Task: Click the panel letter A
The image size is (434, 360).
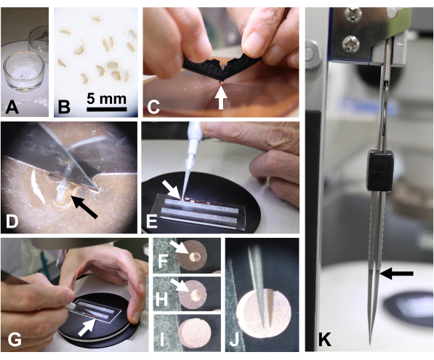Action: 12,107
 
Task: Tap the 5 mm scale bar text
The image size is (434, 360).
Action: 107,99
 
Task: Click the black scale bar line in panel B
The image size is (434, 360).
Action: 107,109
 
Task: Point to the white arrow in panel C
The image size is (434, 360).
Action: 221,97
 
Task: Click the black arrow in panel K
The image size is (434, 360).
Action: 396,273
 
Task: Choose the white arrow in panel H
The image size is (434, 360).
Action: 180,286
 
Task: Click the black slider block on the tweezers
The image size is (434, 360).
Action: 379,170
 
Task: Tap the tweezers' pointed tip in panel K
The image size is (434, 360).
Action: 371,343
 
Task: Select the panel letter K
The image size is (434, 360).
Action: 325,340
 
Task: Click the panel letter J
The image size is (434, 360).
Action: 234,340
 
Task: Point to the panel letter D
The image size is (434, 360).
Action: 12,222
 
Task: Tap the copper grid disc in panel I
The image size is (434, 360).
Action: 195,333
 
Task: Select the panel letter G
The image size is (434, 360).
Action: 15,340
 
